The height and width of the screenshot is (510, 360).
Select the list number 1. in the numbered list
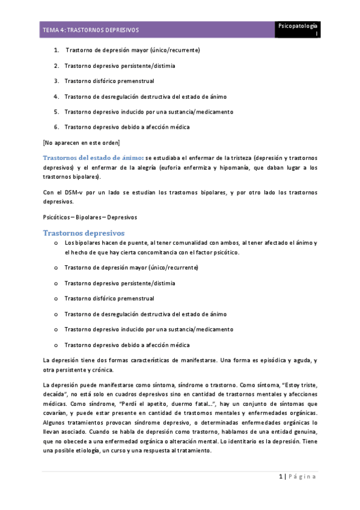pos(56,50)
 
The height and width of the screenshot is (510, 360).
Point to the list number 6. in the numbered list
pos(56,127)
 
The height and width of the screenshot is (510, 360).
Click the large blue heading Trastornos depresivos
pos(84,232)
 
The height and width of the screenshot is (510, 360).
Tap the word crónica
pos(108,370)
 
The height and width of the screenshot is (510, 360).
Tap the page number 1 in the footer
pos(280,476)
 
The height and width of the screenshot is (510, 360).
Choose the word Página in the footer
pos(302,476)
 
